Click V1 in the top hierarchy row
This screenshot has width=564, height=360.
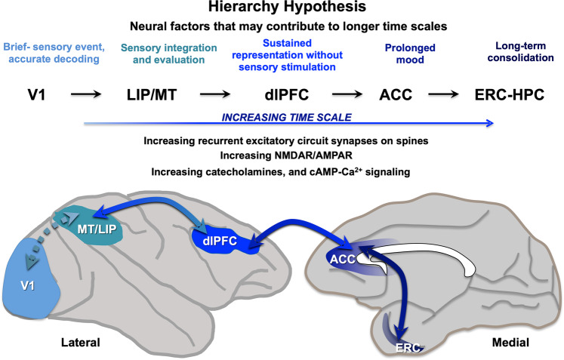click(x=29, y=95)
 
